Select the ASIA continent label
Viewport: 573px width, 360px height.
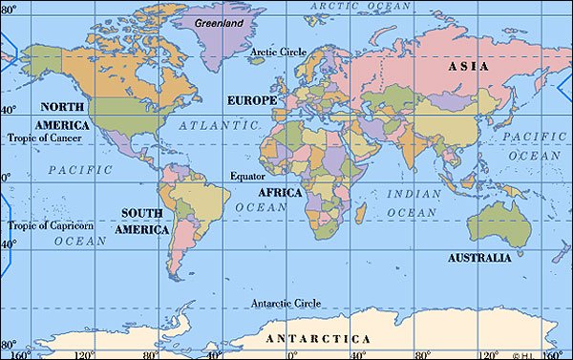point(468,67)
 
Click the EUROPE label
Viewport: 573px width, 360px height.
point(252,99)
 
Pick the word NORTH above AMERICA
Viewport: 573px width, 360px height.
point(60,107)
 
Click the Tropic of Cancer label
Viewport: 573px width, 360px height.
point(45,138)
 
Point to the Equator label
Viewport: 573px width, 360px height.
point(248,176)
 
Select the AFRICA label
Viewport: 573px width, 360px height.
point(280,192)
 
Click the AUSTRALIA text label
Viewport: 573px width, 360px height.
point(485,258)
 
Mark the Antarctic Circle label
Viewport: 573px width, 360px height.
point(287,304)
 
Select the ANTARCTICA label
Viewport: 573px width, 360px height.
point(318,339)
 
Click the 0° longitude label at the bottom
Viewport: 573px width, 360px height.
point(292,354)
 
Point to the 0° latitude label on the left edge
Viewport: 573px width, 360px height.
point(5,179)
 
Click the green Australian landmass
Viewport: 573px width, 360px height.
point(497,222)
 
